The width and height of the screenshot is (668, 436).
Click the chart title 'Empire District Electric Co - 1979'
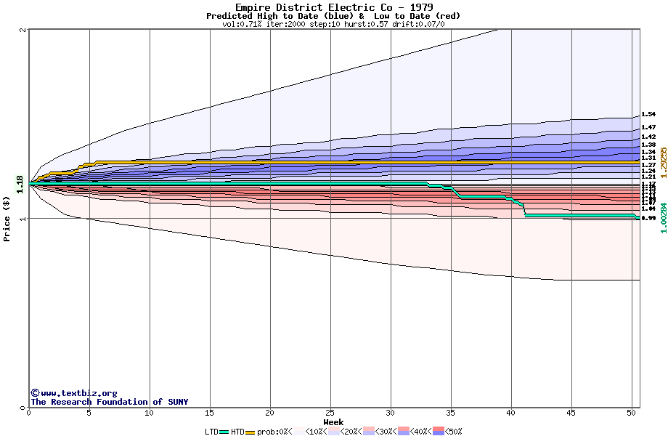click(333, 7)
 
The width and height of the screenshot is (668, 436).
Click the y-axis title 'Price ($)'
click(7, 218)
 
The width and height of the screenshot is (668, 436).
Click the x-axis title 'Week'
click(333, 422)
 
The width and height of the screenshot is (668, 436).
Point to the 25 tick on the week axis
click(330, 413)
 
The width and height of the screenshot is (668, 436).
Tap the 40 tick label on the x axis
click(511, 413)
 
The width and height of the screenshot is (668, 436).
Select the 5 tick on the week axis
click(89, 413)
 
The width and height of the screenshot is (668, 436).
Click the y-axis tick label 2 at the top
click(23, 30)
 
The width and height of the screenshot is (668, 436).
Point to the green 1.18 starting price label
click(20, 185)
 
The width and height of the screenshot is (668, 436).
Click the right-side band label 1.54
click(648, 114)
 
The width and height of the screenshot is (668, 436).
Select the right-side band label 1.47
click(648, 127)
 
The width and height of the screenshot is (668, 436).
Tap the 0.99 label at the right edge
click(648, 218)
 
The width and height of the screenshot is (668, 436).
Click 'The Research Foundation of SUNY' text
click(109, 402)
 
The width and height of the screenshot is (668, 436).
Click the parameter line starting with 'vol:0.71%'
click(333, 24)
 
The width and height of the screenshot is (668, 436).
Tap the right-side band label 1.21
click(648, 177)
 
